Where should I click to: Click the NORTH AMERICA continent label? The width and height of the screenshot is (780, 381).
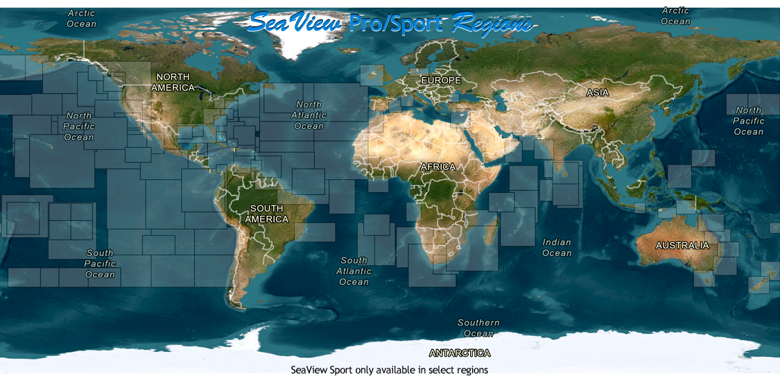tap(173, 83)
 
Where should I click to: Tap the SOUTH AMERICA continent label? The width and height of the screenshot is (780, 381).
tap(267, 214)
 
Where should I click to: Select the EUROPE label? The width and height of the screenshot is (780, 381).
tap(441, 81)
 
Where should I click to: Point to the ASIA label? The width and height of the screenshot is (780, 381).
tap(598, 92)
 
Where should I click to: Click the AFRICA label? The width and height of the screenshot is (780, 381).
tap(438, 167)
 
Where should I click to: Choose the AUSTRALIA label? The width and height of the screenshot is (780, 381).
tap(682, 246)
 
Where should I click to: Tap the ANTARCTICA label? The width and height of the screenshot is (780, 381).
tap(460, 353)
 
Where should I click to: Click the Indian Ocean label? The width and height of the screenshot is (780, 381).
tap(557, 248)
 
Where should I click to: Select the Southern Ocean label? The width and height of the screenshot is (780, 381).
tap(478, 328)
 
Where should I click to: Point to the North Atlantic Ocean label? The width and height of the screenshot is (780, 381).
tap(309, 115)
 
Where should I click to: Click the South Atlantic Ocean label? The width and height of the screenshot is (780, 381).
tap(354, 271)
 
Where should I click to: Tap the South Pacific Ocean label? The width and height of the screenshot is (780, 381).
tap(100, 264)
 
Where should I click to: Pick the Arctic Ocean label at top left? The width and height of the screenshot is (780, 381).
tap(81, 19)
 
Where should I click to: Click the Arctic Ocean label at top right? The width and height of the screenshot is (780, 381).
tap(675, 16)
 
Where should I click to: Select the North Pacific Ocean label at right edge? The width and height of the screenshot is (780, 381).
tap(748, 121)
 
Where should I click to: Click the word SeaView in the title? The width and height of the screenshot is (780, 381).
tap(295, 24)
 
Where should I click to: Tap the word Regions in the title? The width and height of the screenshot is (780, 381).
tap(492, 24)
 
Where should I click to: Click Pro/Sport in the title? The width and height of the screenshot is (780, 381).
tap(396, 24)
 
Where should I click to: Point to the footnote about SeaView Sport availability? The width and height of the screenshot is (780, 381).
tap(389, 370)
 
